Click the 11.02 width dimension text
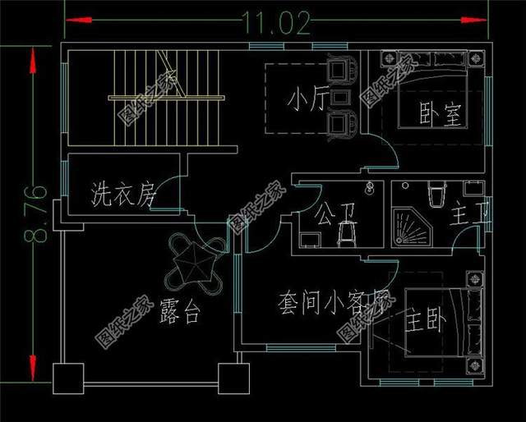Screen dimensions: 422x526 [276, 24]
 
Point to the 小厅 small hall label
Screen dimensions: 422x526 [307, 99]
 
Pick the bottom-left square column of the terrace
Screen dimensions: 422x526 [69, 379]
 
